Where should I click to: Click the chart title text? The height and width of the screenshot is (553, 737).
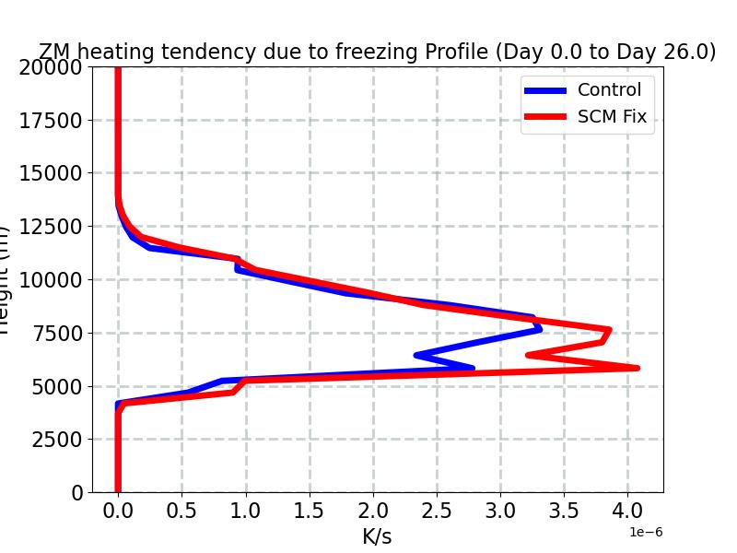(377, 53)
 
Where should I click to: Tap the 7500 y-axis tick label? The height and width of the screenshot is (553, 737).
(53, 333)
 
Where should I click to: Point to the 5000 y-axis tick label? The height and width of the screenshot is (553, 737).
(53, 386)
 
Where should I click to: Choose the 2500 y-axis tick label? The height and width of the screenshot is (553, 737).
(53, 440)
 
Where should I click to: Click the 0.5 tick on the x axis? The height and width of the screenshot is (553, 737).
(181, 510)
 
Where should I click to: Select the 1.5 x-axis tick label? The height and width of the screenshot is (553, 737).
(310, 510)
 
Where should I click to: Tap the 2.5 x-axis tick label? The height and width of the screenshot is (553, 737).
(437, 510)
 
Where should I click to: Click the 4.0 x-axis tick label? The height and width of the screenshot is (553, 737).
(627, 510)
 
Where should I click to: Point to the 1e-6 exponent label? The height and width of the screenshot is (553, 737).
(645, 532)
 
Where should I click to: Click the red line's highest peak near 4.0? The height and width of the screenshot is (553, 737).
(636, 368)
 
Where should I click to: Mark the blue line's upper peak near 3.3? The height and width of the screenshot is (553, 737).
(539, 328)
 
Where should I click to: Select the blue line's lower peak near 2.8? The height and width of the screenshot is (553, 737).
(473, 368)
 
